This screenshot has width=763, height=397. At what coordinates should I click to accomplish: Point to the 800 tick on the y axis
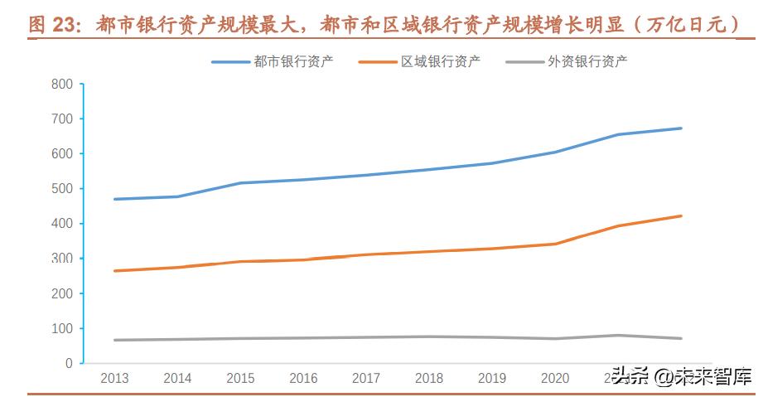tap(62, 84)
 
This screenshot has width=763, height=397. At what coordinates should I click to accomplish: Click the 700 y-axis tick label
tap(62, 119)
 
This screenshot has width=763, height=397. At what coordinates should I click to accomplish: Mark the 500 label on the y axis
tap(62, 189)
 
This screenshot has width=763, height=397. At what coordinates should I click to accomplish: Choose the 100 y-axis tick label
tap(62, 329)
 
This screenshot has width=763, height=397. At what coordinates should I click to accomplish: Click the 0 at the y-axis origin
tap(70, 364)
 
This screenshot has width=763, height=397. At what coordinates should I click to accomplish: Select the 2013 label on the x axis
tap(114, 379)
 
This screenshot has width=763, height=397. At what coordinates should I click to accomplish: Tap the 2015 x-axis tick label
tap(240, 379)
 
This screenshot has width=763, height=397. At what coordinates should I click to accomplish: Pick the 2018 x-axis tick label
tap(429, 379)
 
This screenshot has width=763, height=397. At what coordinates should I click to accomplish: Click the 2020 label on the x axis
tap(555, 379)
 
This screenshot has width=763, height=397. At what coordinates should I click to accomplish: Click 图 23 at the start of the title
tap(51, 24)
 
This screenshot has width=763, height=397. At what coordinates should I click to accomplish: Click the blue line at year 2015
tap(240, 182)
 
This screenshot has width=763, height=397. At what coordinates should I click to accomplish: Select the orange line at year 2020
tap(555, 244)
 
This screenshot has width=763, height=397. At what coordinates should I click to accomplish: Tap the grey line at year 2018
tap(429, 336)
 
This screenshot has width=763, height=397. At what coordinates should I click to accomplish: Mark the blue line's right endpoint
tap(681, 128)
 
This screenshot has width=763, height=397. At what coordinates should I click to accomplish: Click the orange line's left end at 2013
tap(114, 271)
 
